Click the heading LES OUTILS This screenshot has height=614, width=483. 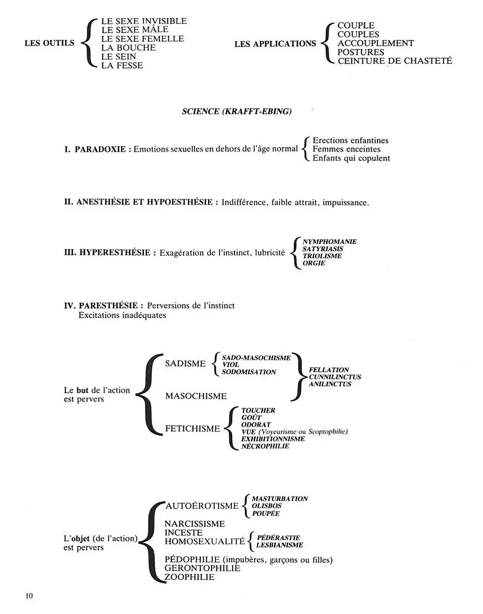click(x=49, y=43)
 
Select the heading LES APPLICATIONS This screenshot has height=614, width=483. click(x=275, y=44)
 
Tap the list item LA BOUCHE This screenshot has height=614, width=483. click(x=128, y=48)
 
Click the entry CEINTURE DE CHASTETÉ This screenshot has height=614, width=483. click(x=394, y=61)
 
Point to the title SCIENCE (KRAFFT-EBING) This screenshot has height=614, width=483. click(x=237, y=111)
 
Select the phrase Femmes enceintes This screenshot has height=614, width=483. click(x=346, y=149)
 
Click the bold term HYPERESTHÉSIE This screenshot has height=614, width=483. click(x=115, y=253)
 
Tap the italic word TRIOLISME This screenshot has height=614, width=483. click(x=322, y=256)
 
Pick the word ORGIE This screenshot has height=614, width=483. click(x=314, y=263)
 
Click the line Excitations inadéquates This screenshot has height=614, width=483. click(x=122, y=315)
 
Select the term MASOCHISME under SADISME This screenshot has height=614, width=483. click(x=196, y=396)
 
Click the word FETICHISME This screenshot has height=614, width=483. click(x=192, y=428)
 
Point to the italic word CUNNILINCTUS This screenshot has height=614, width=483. click(x=335, y=377)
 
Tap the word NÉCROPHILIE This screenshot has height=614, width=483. click(x=265, y=446)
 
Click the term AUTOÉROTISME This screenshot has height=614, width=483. click(x=202, y=506)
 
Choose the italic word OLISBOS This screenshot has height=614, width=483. click(x=267, y=506)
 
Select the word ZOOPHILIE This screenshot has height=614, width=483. click(x=190, y=577)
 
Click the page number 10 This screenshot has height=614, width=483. click(x=29, y=596)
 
